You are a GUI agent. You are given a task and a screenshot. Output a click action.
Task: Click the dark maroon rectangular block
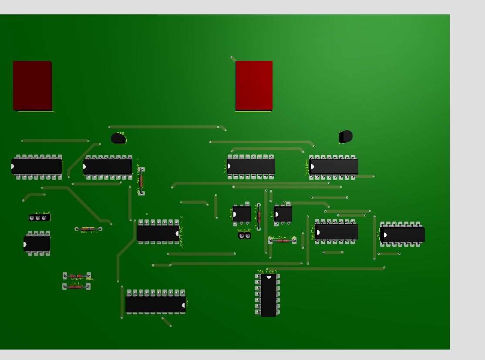pos(32,85)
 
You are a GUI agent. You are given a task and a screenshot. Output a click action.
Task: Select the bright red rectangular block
pos(254,85)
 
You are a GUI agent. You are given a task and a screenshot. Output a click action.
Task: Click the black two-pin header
pos(244,236)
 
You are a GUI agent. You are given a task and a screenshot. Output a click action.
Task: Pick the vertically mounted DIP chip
pos(268,295)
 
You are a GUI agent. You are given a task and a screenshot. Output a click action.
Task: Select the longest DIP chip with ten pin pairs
pos(155,304)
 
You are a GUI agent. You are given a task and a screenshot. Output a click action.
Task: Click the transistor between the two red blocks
pos(118,138)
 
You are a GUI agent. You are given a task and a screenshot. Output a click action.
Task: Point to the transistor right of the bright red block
pos(346,136)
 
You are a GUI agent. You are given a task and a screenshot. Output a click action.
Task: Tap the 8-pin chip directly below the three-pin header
pos(37,243)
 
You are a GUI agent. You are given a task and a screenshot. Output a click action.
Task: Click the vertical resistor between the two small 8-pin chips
pos(259,215)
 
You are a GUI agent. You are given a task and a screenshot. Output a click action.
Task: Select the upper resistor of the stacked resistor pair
pos(77,276)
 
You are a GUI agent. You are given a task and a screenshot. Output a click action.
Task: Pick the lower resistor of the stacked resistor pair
pos(76,286)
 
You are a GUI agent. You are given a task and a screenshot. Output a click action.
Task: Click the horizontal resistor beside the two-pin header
pos(282,240)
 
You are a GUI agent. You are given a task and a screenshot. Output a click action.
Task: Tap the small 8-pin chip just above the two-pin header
pos(242,214)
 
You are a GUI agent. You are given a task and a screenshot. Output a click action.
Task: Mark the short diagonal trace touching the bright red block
pos(233,58)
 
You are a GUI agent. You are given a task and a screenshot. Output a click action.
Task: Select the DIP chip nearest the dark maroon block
pos(37,166)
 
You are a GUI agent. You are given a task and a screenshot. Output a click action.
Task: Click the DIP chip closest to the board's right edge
pos(402,235)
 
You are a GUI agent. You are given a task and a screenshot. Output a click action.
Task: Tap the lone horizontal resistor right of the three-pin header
pos(88,229)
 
